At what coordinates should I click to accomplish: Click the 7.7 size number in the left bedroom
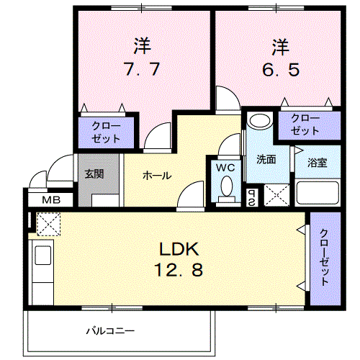[141, 69]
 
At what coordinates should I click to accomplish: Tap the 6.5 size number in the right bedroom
[281, 70]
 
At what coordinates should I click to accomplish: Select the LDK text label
[179, 249]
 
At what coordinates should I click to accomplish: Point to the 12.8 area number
[179, 269]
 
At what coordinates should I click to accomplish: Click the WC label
[225, 168]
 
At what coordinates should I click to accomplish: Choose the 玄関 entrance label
[94, 174]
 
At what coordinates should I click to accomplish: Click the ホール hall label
[157, 176]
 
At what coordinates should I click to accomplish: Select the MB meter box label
[51, 200]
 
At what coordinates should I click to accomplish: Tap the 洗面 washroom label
[266, 159]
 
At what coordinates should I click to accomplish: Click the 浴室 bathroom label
[318, 163]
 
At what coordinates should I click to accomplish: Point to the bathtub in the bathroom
[318, 193]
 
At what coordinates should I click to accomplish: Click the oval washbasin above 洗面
[260, 120]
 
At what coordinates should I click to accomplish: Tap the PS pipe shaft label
[252, 198]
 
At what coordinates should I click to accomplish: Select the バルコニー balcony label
[110, 331]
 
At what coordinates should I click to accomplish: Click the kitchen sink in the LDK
[43, 255]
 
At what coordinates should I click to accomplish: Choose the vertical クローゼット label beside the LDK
[324, 258]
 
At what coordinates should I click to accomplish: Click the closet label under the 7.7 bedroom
[106, 132]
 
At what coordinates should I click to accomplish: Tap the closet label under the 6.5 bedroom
[305, 125]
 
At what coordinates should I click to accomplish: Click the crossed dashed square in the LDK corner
[48, 224]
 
